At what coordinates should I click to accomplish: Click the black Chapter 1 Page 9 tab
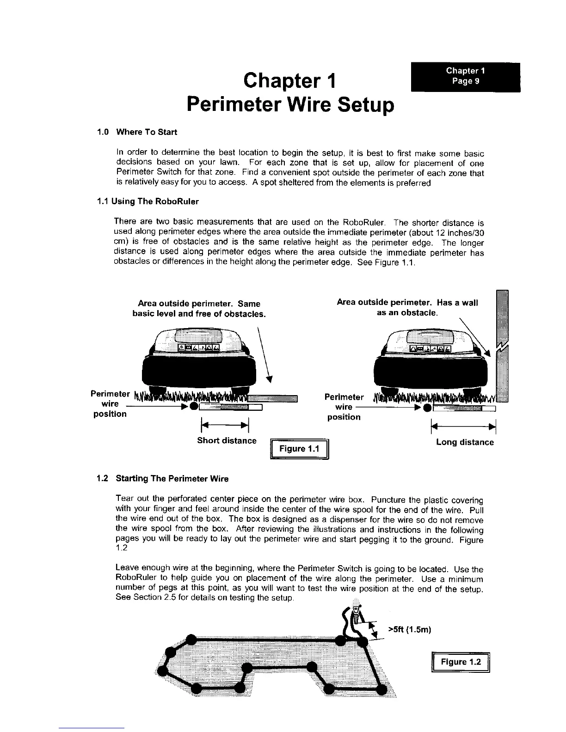tap(465, 77)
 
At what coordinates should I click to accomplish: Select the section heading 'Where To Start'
tap(146, 132)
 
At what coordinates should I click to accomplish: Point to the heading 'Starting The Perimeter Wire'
tap(172, 479)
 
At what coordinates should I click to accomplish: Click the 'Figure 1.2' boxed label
tap(460, 662)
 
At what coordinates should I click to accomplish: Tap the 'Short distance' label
tap(227, 440)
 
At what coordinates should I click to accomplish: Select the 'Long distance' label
tap(465, 442)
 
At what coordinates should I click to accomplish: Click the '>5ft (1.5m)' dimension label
tap(409, 629)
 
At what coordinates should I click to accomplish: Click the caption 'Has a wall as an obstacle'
tap(407, 308)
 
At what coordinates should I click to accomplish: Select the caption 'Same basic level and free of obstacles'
tap(199, 309)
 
